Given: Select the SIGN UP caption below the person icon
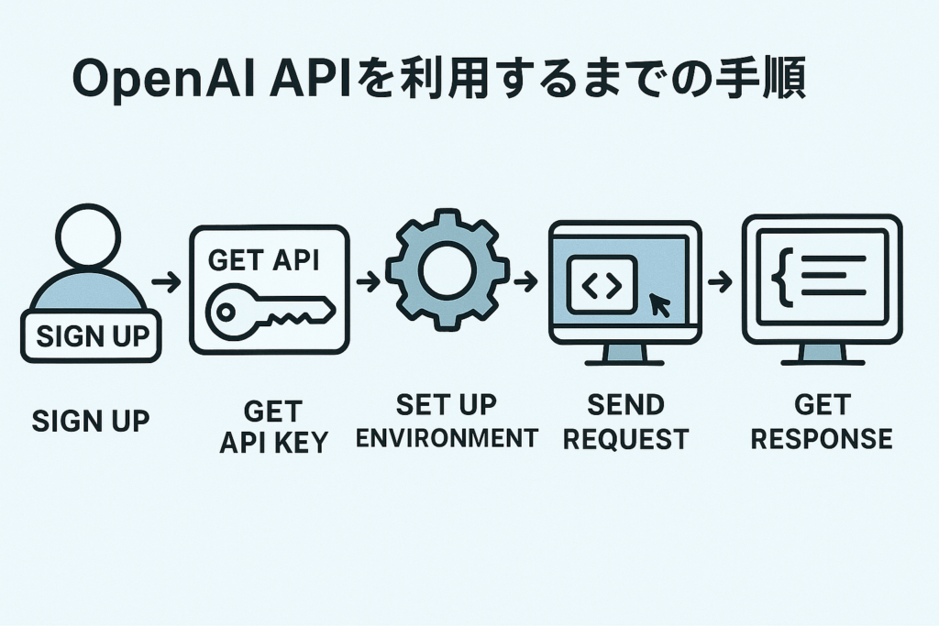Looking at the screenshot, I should pyautogui.click(x=90, y=421).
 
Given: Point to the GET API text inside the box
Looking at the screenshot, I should pyautogui.click(x=263, y=260).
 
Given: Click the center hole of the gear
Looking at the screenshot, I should pyautogui.click(x=447, y=269).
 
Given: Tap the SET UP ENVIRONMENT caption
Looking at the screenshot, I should pyautogui.click(x=447, y=421).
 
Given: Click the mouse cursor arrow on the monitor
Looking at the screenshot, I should pyautogui.click(x=659, y=305).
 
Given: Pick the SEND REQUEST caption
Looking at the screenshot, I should pyautogui.click(x=625, y=421).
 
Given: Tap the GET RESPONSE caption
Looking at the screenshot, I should pyautogui.click(x=821, y=421).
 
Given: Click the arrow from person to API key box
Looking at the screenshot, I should pyautogui.click(x=166, y=281).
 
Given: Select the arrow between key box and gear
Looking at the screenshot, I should pyautogui.click(x=367, y=281).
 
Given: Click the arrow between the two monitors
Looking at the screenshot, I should pyautogui.click(x=720, y=281).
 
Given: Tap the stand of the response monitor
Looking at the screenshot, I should pyautogui.click(x=822, y=355).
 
